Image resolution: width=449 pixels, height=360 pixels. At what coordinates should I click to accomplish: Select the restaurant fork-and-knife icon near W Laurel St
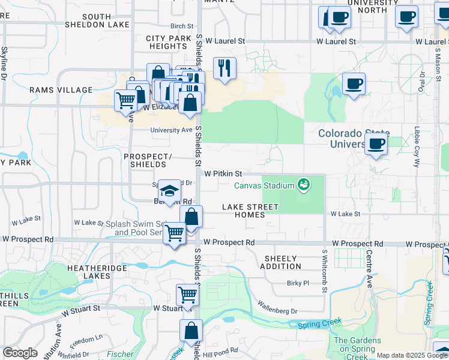pyautogui.click(x=224, y=68)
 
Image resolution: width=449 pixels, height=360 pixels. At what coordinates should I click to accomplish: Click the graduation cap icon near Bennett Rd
pyautogui.click(x=170, y=191)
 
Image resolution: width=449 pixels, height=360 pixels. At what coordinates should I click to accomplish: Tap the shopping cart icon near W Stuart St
pyautogui.click(x=187, y=295)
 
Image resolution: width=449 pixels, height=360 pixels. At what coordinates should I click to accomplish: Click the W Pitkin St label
pyautogui.click(x=222, y=173)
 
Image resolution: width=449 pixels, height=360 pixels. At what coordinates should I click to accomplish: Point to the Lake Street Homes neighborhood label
pyautogui.click(x=250, y=211)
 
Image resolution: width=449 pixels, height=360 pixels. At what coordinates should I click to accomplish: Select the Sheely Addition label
pyautogui.click(x=281, y=262)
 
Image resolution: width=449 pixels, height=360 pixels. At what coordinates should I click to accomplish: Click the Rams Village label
pyautogui.click(x=61, y=90)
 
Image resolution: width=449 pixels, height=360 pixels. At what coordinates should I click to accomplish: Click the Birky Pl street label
pyautogui.click(x=297, y=283)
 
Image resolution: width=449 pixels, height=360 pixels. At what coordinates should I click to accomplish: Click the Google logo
pyautogui.click(x=20, y=353)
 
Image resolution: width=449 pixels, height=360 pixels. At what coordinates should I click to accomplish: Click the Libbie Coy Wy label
pyautogui.click(x=416, y=147)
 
